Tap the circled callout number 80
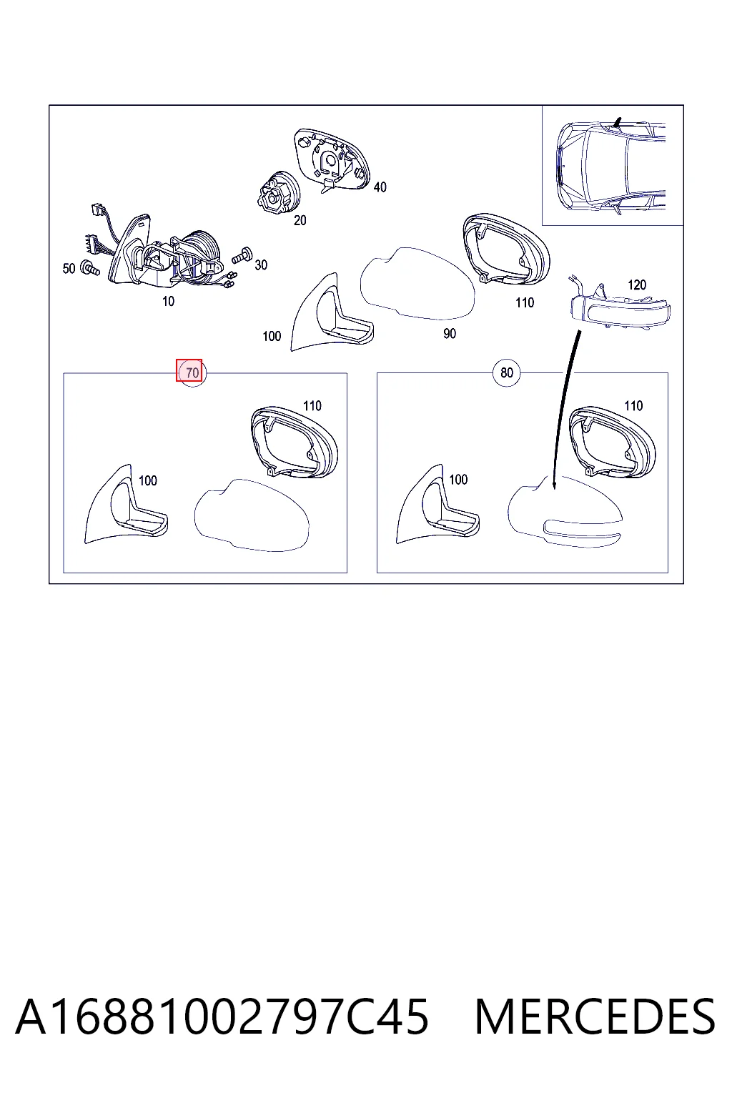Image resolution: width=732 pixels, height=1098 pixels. pos(507,372)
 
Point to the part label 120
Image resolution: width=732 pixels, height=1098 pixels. pos(636,285)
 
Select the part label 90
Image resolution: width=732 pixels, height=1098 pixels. pos(449,334)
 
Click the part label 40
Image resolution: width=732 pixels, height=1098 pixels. pos(380,187)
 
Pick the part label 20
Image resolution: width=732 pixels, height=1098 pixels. pos(300,221)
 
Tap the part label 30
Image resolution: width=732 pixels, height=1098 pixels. pos(261,265)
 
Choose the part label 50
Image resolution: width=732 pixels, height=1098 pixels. pos(69,269)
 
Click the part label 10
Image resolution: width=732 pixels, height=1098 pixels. pos(168,302)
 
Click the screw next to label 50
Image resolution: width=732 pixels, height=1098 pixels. pos(91,267)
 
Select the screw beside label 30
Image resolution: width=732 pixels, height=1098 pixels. pos(241,255)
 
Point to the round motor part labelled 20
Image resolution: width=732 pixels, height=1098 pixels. pos(278,194)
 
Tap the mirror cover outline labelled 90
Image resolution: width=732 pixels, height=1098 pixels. pos(417,283)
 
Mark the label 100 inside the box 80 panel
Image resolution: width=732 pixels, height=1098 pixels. pos(458,480)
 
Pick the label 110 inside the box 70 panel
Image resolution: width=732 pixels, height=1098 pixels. pos(312,406)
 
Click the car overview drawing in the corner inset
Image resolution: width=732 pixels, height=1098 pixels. pos(611,166)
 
